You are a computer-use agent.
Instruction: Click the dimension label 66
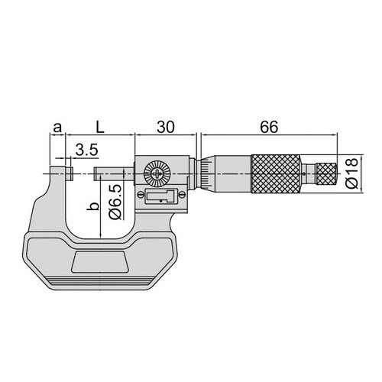pos(269,127)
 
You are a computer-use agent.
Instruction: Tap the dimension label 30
pos(166,127)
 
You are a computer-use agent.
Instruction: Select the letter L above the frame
pos(100,127)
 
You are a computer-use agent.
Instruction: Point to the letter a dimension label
pos(57,128)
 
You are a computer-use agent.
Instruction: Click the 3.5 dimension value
pos(87,150)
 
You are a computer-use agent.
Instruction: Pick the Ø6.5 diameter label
pos(115,202)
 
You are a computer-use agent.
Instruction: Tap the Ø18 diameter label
pos(352,173)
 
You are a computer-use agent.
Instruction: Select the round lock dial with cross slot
pos(156,173)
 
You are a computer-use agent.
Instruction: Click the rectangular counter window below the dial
pos(161,196)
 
